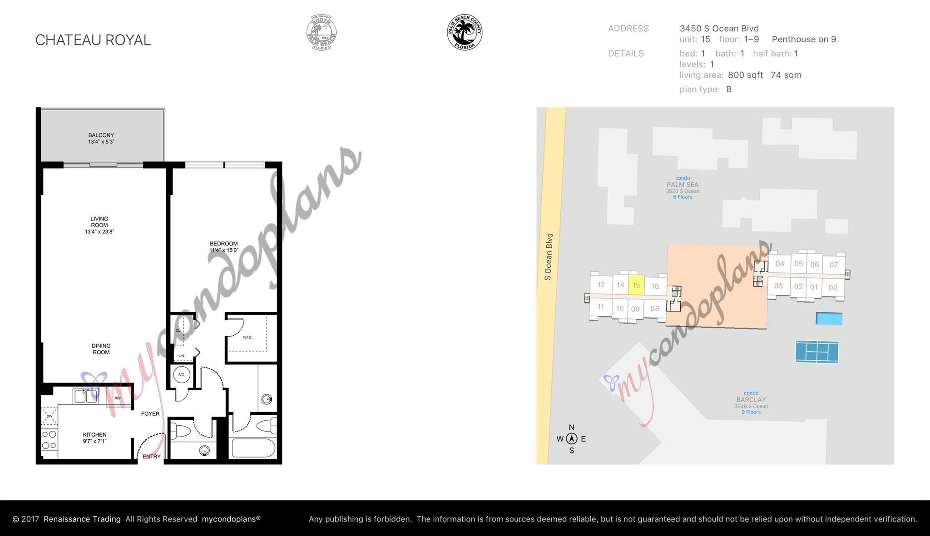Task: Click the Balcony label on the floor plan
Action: (x=101, y=138)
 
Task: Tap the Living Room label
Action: (x=99, y=225)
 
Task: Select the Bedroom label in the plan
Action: (x=223, y=247)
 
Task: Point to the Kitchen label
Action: (x=94, y=438)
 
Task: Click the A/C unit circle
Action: (x=181, y=374)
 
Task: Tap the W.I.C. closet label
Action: (x=247, y=337)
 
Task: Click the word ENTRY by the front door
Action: (x=151, y=457)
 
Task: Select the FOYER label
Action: (x=150, y=414)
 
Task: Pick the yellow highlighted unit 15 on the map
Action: (x=636, y=285)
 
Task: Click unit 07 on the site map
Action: (x=833, y=265)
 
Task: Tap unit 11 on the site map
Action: (x=600, y=307)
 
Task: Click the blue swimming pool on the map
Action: (x=829, y=319)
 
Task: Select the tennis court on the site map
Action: (x=816, y=352)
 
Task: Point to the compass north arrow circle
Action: (x=571, y=438)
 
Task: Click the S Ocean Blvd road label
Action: (x=549, y=257)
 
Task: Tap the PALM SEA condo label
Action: (x=682, y=185)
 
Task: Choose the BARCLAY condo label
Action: (x=751, y=400)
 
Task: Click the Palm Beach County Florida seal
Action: (x=464, y=32)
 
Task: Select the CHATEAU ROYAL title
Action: (x=93, y=40)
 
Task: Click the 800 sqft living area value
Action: (x=745, y=75)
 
